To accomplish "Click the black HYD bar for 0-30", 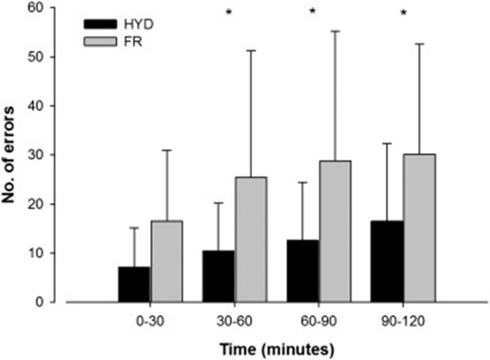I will (134, 284).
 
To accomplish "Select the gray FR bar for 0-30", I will (166, 262).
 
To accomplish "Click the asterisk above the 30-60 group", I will (228, 13).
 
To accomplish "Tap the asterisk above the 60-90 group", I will (313, 13).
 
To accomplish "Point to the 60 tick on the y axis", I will (52, 8).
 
